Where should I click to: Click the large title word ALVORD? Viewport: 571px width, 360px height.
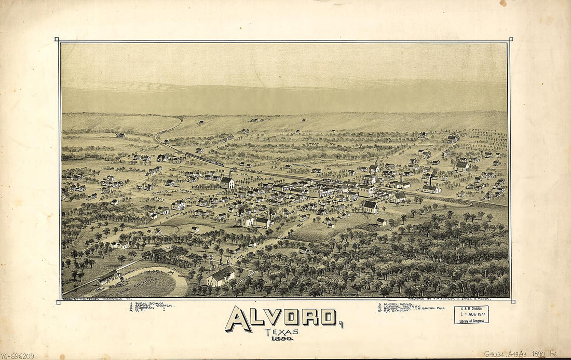click(281, 317)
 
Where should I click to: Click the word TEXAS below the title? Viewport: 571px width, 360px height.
click(281, 332)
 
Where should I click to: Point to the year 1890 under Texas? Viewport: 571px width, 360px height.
click(281, 338)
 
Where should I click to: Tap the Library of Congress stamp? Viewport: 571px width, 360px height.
click(471, 314)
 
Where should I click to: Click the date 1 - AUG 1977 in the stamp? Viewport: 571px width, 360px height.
click(471, 314)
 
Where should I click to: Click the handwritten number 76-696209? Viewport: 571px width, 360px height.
click(17, 356)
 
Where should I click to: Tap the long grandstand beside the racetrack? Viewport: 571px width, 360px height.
click(108, 277)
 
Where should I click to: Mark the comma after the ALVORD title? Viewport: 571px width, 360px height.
click(341, 325)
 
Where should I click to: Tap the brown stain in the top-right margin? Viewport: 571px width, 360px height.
click(503, 3)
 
